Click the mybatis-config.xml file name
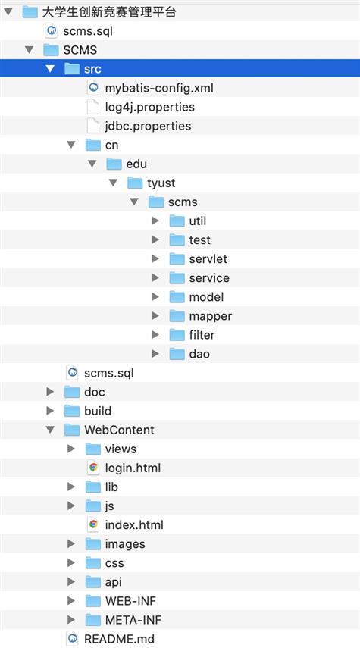tap(159, 88)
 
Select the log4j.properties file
tap(149, 107)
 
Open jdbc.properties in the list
tap(148, 126)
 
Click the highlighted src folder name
tap(92, 69)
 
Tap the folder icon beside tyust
tap(135, 183)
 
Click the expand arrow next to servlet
tap(155, 258)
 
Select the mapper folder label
tap(211, 316)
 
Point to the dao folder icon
tap(177, 354)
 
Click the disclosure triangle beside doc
tap(50, 392)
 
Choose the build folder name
tap(98, 411)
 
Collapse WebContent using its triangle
tap(50, 430)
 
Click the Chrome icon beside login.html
tap(93, 468)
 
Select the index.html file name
tap(134, 525)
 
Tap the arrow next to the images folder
tap(71, 544)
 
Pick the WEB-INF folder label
tap(130, 601)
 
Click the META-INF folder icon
tap(93, 620)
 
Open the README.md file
tap(120, 639)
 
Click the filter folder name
tap(202, 335)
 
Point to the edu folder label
tap(136, 164)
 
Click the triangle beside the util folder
tap(155, 221)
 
